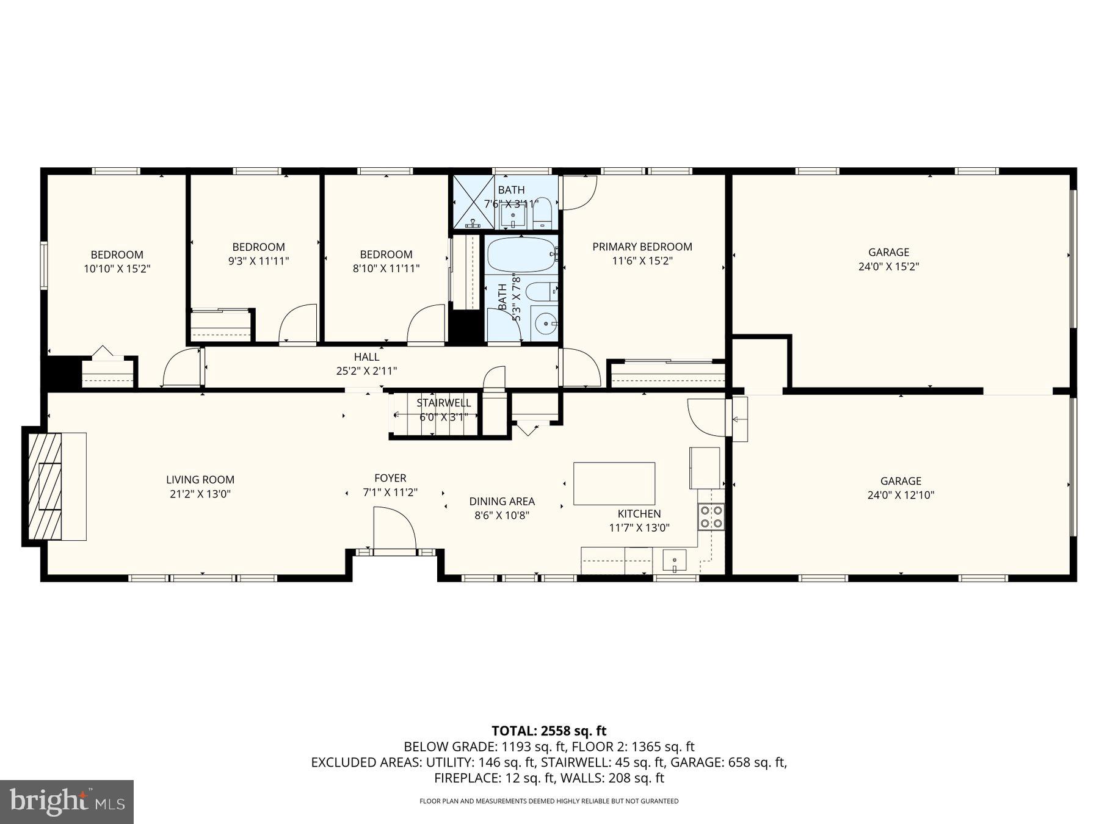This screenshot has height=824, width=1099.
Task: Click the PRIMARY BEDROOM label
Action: click(x=642, y=247)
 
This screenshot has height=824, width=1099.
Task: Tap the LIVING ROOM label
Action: click(x=200, y=480)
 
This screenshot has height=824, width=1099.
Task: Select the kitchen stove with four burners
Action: click(x=711, y=516)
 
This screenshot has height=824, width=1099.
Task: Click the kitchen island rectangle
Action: click(x=614, y=483)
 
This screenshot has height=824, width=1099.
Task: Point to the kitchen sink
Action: click(x=674, y=560)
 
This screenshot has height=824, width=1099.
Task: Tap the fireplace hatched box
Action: click(x=45, y=486)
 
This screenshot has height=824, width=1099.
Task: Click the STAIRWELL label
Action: click(x=444, y=403)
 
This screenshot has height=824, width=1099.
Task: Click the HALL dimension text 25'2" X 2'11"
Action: click(x=366, y=370)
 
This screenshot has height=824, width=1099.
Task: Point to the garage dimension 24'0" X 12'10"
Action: click(x=901, y=496)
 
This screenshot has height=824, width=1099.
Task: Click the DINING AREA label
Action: click(x=502, y=502)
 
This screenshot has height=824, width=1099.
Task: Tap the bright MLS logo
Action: click(x=67, y=801)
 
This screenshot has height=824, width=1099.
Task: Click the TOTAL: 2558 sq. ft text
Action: click(x=549, y=731)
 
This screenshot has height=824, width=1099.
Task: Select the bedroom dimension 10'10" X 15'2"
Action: click(x=117, y=269)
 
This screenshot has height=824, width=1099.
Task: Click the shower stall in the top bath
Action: click(x=473, y=202)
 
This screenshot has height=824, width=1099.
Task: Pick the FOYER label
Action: click(x=390, y=479)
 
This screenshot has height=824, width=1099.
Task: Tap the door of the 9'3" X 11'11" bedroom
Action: click(x=297, y=323)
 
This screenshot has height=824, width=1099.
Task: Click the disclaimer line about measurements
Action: click(x=549, y=801)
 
